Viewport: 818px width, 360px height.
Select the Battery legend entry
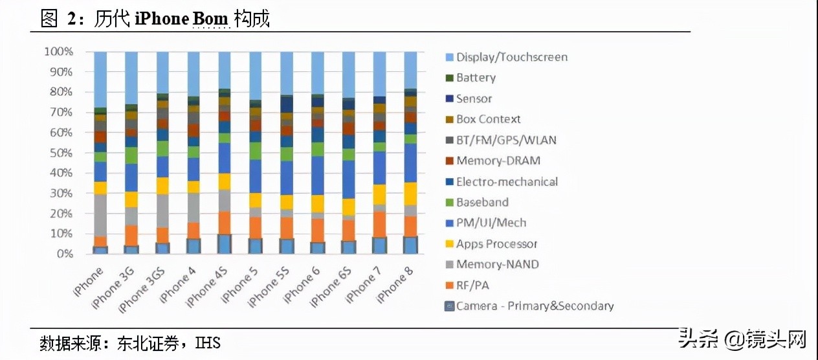476,78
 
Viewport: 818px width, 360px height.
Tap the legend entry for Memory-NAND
497,264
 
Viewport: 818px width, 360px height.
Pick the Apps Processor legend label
496,243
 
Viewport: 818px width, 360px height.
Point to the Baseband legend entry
482,202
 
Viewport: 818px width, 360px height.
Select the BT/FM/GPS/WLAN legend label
505,140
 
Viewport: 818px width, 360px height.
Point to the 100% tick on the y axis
58,51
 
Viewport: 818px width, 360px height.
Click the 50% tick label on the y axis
61,153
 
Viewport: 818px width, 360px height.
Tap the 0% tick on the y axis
65,254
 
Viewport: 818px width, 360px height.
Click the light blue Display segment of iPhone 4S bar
225,70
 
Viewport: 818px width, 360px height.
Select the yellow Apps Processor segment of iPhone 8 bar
410,194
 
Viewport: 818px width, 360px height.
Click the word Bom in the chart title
210,19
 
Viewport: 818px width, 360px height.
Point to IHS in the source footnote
208,343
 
